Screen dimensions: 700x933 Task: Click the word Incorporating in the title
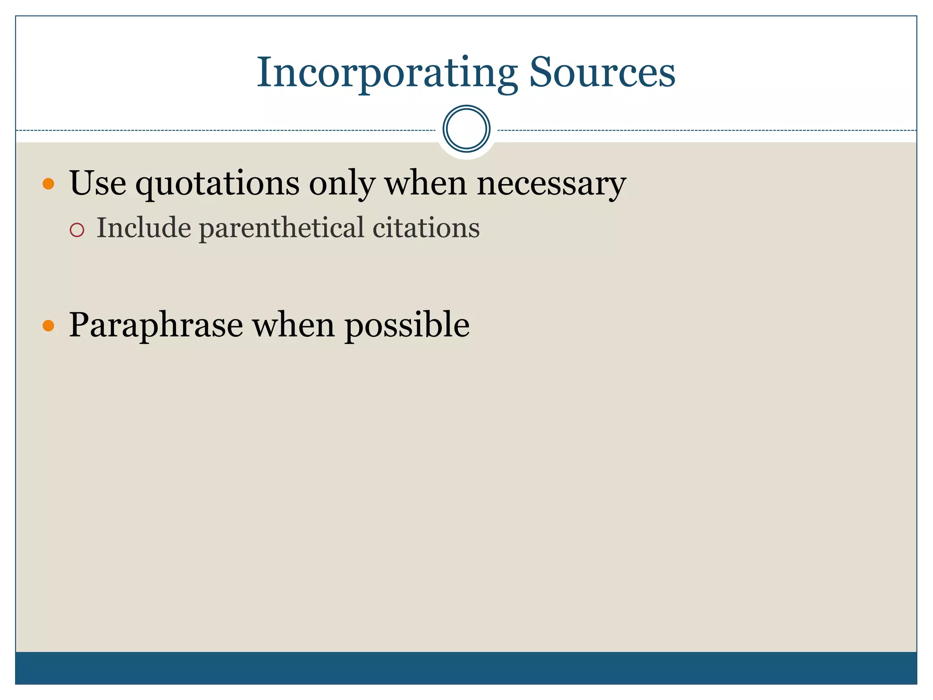pos(387,73)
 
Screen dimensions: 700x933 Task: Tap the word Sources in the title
pos(602,73)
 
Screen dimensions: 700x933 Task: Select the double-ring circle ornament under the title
pos(466,129)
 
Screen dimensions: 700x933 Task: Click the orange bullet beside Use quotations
pos(48,184)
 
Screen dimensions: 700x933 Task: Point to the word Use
pos(97,183)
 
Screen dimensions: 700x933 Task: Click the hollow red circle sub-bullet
pos(77,230)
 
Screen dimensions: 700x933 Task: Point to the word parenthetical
pos(282,228)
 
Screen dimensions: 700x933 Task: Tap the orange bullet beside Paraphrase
pos(48,326)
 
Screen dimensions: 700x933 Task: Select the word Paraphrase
pos(156,326)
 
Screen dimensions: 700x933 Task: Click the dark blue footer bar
pos(466,668)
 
